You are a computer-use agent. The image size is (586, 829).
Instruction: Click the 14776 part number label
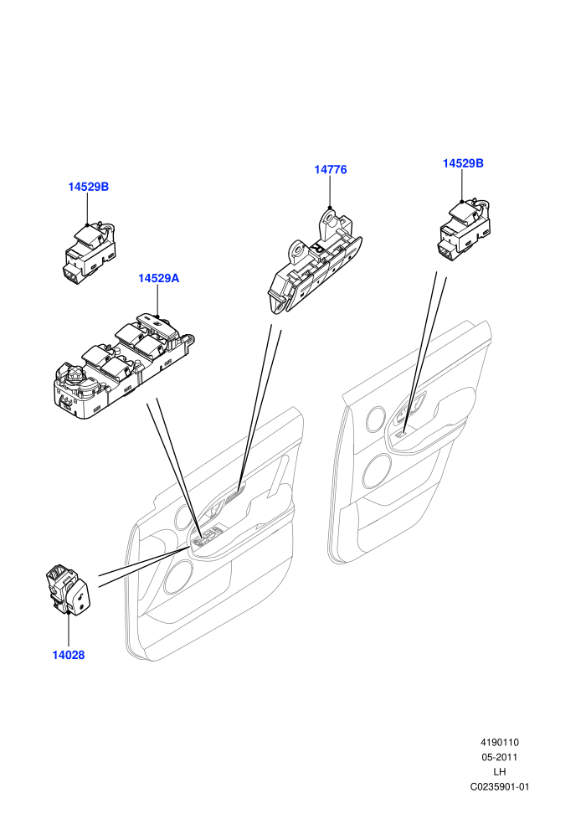330,170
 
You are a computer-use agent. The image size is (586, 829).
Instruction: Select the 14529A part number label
158,278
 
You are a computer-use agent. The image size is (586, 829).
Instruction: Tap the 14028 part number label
68,655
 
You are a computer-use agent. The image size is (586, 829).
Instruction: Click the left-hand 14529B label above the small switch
88,187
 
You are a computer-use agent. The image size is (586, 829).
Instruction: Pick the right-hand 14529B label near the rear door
463,163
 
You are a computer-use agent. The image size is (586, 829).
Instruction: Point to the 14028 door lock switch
69,590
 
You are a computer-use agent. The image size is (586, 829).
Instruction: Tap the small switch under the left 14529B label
90,253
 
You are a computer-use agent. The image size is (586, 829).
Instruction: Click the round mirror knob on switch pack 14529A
74,375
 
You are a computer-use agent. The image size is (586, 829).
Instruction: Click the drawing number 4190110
499,742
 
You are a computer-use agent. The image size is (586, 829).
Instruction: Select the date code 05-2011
499,757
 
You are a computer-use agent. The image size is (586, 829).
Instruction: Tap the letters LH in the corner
499,772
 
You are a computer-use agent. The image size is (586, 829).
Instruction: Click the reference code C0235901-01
499,786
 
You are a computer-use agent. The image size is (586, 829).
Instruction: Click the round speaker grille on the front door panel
178,576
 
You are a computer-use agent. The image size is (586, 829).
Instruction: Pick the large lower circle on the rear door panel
378,471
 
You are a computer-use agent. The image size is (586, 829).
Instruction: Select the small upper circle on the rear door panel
376,418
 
